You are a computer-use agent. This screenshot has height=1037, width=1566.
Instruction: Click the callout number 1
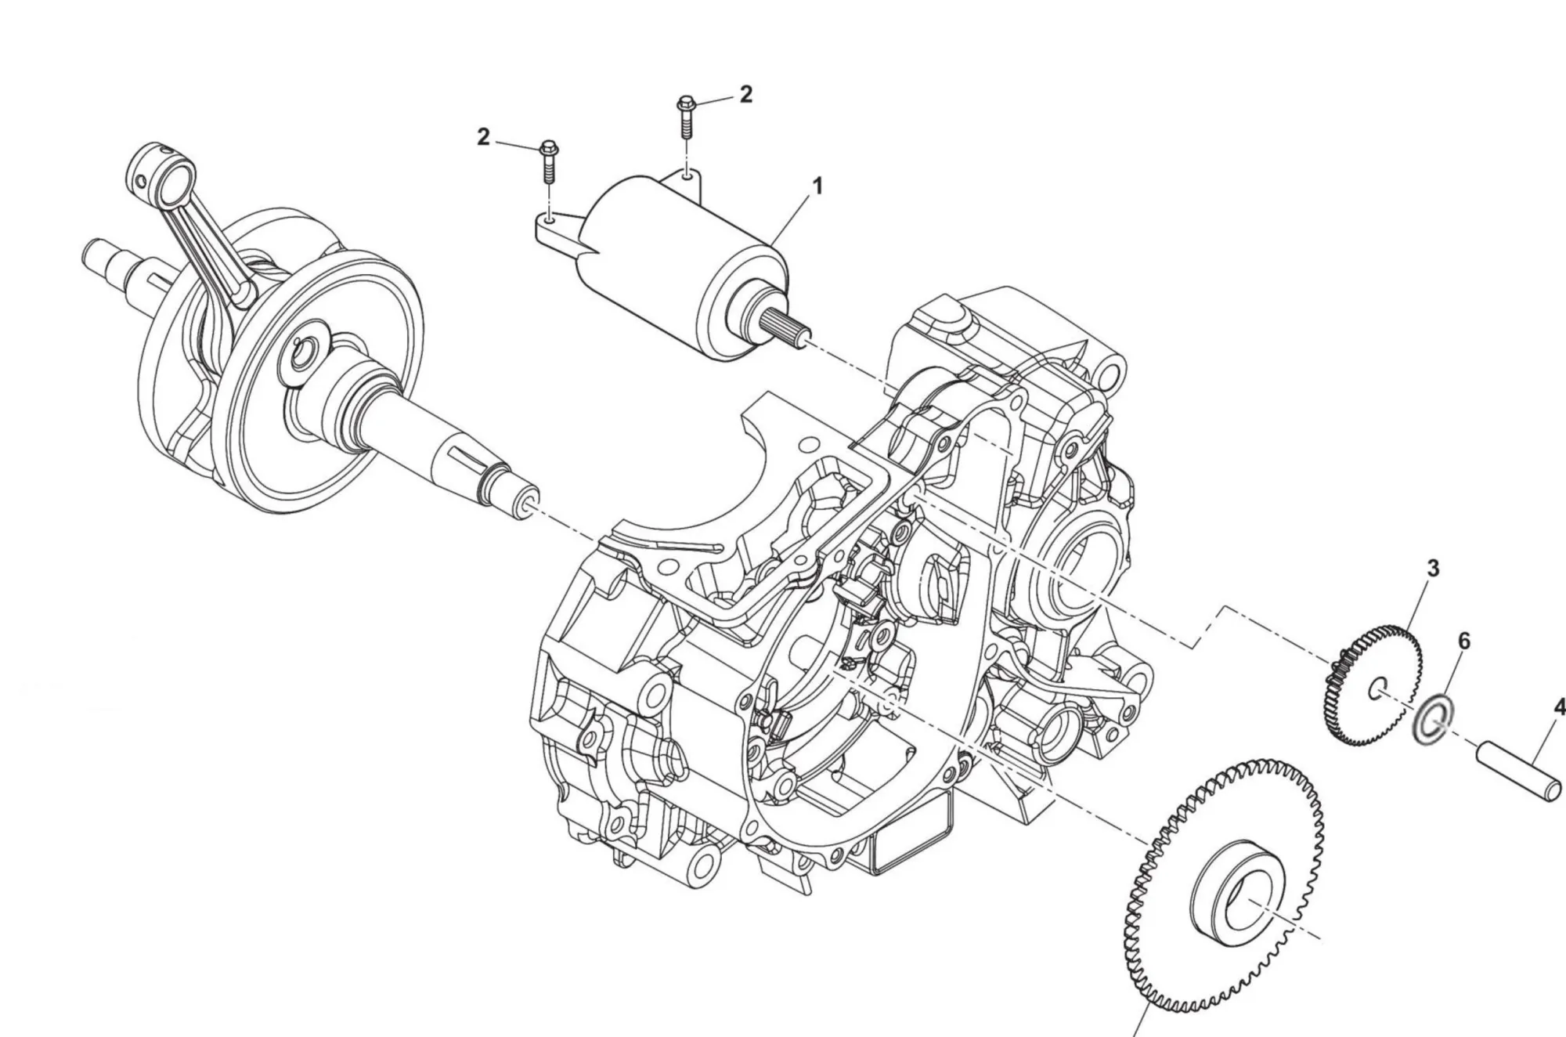817,186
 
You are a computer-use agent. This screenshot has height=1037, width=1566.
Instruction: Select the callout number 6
1463,641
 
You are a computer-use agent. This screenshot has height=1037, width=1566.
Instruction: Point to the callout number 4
1558,707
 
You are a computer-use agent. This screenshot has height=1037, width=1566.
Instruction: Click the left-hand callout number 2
483,137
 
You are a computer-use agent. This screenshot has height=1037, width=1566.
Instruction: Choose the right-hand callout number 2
745,94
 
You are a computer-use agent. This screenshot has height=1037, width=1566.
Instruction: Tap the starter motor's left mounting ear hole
550,221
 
